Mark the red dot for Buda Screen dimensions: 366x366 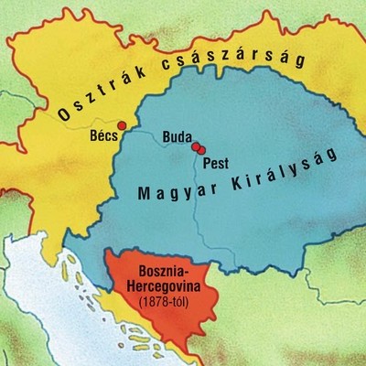[195, 146]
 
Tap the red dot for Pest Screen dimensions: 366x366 [201, 150]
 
